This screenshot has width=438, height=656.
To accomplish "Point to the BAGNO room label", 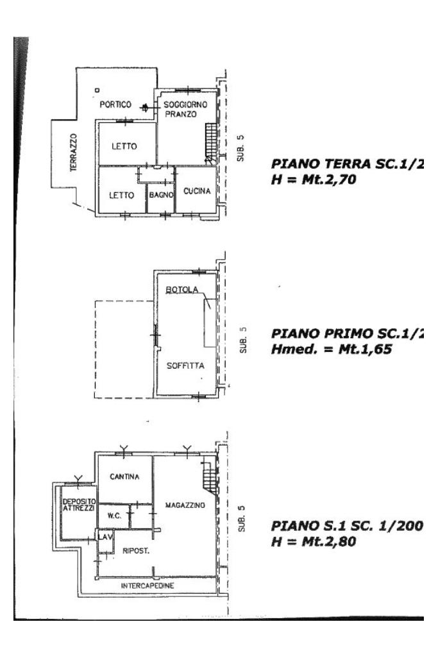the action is (161, 194).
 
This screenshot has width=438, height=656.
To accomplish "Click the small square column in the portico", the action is (96, 90).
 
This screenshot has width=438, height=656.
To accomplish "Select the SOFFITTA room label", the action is (185, 367).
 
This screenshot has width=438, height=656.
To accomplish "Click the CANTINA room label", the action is (124, 477).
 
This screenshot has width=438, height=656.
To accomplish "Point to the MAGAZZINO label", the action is (185, 505).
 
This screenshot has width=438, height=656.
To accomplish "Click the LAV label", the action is (103, 536).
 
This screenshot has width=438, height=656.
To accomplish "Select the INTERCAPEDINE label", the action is (147, 586).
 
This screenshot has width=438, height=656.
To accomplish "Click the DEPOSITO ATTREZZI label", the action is (79, 504).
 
